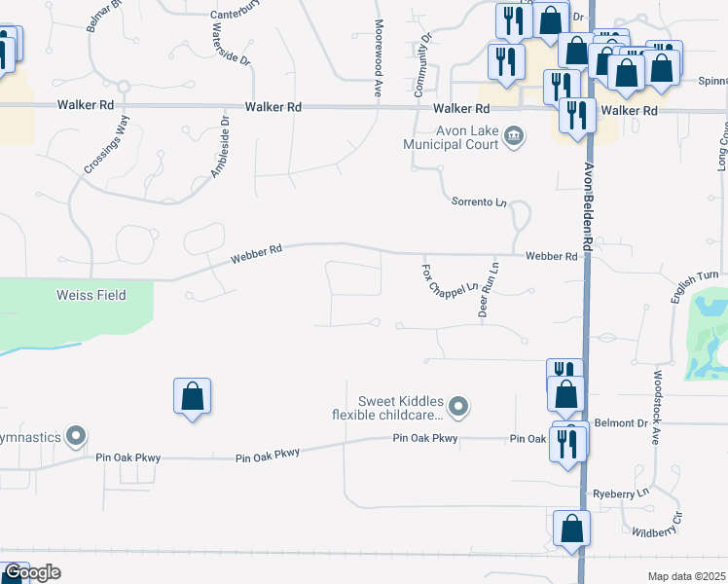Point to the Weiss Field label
point(91,295)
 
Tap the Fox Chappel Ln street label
point(451,278)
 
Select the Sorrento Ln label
point(480,202)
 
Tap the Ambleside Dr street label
point(220,147)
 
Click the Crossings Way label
point(107,144)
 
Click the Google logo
point(32,573)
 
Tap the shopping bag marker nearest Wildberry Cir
point(571,529)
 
